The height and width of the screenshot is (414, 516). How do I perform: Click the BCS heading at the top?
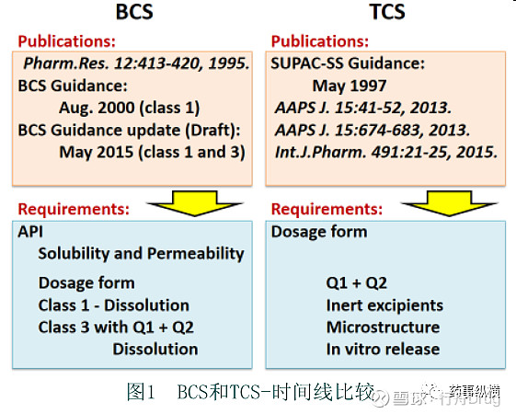134,13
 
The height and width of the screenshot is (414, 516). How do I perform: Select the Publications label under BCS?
67,41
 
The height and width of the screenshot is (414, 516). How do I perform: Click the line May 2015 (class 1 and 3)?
152,152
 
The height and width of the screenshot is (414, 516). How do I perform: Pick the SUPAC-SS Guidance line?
348,63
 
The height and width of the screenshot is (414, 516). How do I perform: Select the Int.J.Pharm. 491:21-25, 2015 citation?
386,152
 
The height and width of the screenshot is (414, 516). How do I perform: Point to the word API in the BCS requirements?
30,232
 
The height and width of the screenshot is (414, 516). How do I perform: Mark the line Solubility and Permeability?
141,253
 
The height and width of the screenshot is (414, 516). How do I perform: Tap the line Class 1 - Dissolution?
113,305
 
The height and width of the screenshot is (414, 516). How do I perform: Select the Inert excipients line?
384,305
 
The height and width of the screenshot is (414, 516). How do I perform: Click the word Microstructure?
383,327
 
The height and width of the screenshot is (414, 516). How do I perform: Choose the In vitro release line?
383,349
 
